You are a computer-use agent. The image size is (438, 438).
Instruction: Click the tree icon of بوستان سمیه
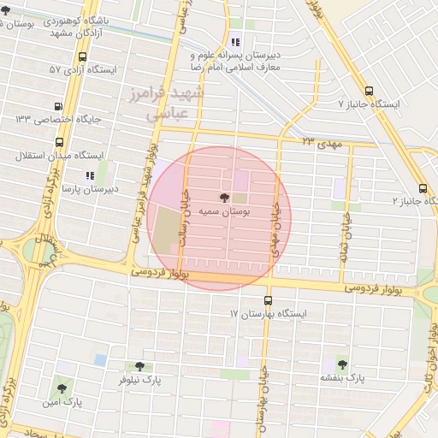[224, 198]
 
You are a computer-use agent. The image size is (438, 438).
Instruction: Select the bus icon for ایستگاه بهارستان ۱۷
[269, 301]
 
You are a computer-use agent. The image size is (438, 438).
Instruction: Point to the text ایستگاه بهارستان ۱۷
[267, 315]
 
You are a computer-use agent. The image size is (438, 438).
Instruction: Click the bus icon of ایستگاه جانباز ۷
[369, 90]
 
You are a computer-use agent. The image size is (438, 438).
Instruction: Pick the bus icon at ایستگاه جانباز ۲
[423, 188]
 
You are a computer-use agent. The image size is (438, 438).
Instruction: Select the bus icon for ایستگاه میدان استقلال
[46, 156]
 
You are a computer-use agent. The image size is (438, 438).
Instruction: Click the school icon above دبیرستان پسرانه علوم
[235, 42]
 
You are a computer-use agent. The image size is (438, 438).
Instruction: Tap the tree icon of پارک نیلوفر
[139, 365]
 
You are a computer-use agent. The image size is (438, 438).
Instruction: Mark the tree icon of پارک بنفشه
[342, 364]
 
